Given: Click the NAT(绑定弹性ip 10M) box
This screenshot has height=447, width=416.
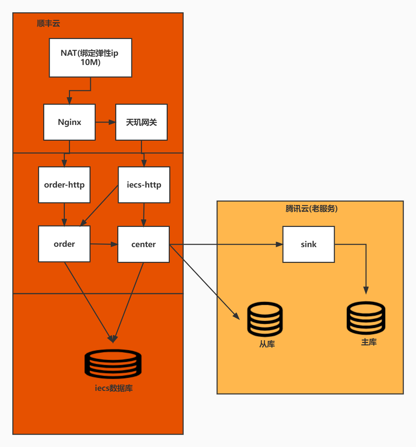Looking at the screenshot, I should tap(91, 58).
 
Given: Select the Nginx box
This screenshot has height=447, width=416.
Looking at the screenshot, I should tap(69, 122).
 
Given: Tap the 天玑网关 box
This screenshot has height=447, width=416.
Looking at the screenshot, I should tap(141, 122).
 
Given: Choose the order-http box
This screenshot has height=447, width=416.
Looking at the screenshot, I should tap(64, 185).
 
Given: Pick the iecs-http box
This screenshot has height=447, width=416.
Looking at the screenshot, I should tap(144, 185).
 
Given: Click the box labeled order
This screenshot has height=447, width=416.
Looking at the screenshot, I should tap(64, 244).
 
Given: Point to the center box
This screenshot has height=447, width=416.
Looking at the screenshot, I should tap(143, 244).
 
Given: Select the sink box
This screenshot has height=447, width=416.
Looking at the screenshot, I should tap(308, 244).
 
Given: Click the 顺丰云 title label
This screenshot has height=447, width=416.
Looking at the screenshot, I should tap(48, 23).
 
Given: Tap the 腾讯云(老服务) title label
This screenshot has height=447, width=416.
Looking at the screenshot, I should tap(311, 208).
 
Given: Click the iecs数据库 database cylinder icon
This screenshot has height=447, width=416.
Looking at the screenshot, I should tap(113, 363).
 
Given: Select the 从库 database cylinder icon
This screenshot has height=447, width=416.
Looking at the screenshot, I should tap(265, 319).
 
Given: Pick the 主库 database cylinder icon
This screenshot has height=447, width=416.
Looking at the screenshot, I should tap(366, 318).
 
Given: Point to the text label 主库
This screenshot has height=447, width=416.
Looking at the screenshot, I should tap(369, 342).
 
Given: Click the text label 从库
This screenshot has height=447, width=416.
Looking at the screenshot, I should tap(267, 344).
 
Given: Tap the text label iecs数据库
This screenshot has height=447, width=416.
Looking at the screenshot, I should tap(114, 388).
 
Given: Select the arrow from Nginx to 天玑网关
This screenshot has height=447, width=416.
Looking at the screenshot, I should tap(105, 122).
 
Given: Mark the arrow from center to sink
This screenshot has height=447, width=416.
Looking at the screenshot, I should tap(226, 244).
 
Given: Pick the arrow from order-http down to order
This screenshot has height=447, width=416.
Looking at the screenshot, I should tap(64, 214).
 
